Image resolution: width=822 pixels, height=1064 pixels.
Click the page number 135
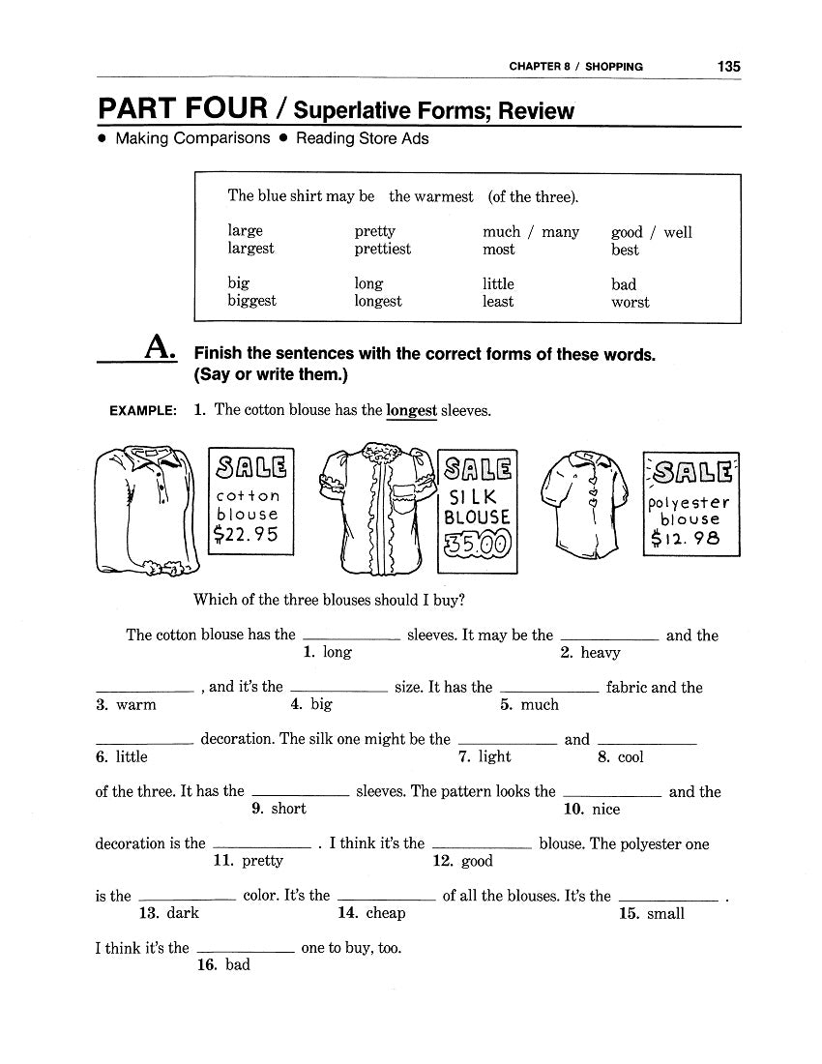(728, 67)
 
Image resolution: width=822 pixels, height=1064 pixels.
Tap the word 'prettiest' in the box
(382, 249)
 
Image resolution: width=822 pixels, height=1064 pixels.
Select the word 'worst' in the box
(630, 302)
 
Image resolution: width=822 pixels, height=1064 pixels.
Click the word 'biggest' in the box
(251, 301)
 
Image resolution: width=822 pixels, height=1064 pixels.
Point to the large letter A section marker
(159, 346)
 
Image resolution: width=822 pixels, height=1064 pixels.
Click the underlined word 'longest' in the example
(411, 410)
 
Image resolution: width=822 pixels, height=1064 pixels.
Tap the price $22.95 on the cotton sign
(249, 535)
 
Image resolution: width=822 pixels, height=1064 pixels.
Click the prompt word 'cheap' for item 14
(385, 913)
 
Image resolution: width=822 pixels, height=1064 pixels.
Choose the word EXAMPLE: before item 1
(143, 411)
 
